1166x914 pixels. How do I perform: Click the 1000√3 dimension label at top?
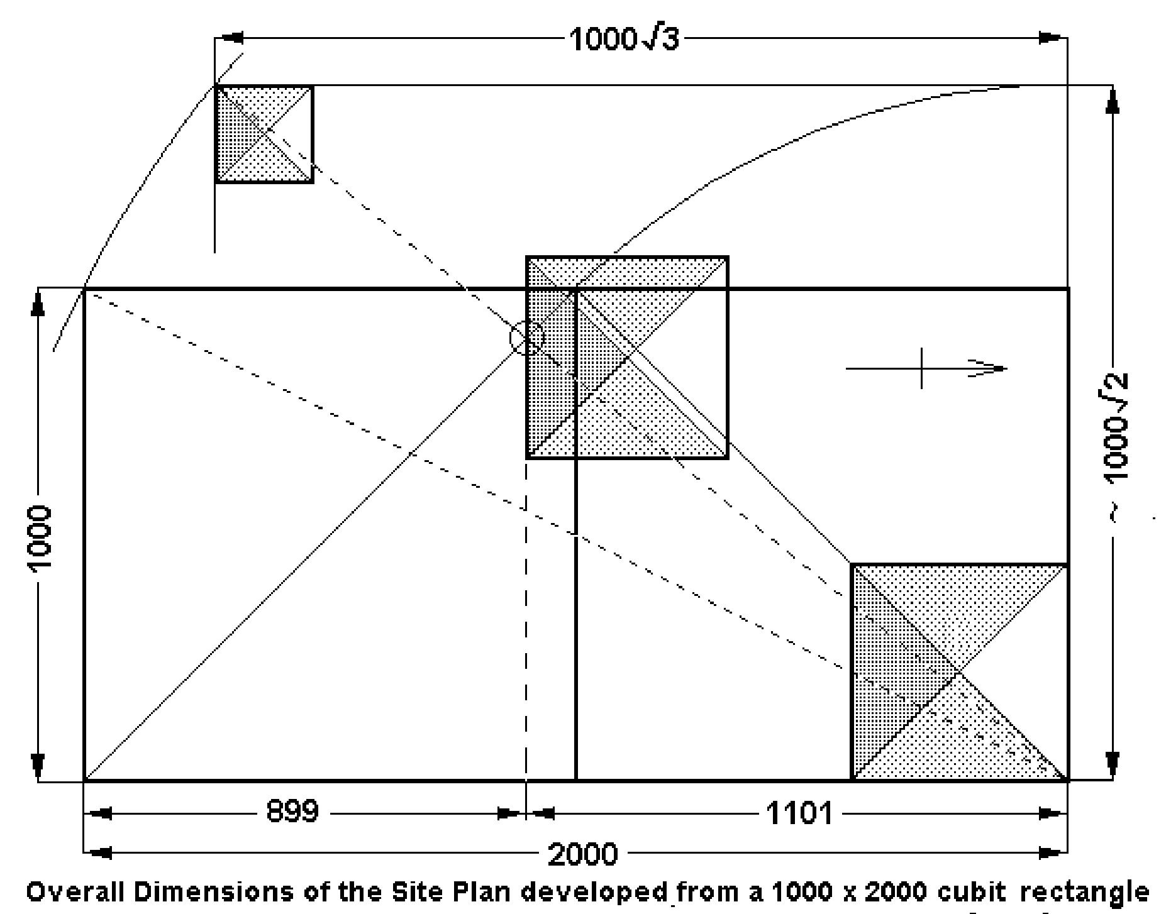point(624,39)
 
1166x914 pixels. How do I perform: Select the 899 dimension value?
point(292,812)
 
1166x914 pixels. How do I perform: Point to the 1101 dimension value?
point(799,814)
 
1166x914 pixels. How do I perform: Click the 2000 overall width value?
point(584,854)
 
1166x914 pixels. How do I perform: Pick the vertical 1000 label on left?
point(40,538)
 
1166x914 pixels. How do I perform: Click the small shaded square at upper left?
point(264,134)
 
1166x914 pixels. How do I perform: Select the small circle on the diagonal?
point(526,338)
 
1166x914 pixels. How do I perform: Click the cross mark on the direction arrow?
point(921,368)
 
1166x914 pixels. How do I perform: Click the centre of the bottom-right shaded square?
point(959,673)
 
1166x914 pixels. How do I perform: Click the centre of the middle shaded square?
point(627,357)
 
